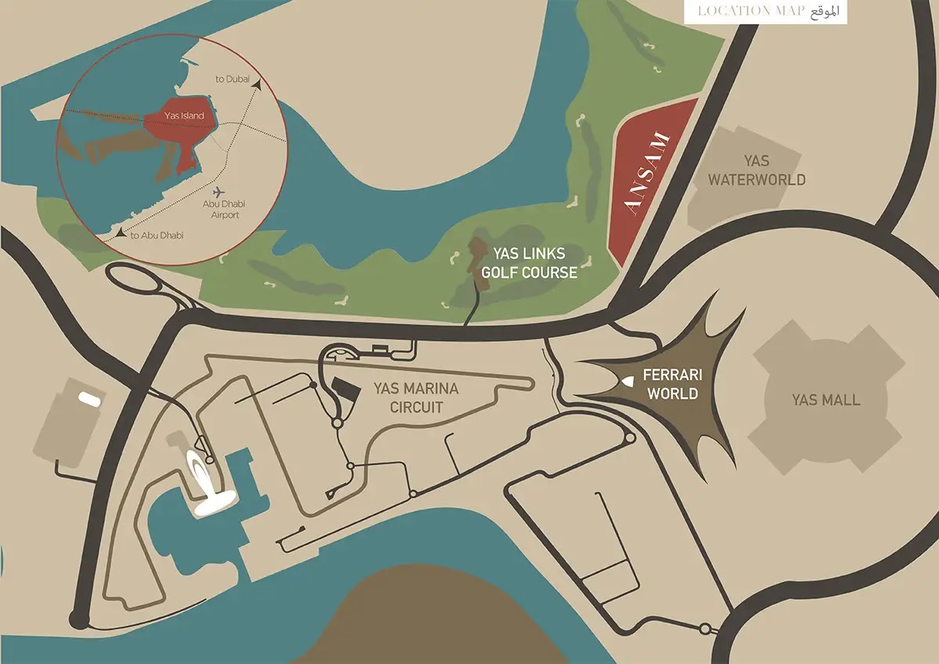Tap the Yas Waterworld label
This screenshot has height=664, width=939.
coord(756,170)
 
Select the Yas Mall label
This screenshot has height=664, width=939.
coord(826,400)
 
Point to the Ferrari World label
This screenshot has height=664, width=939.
coord(672,384)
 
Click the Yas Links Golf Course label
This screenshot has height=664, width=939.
coord(530,264)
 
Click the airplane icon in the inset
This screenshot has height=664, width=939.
coord(217,192)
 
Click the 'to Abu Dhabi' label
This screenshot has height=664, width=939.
coord(156,235)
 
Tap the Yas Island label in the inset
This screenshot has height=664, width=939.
coord(184,116)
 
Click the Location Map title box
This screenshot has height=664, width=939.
coord(765,12)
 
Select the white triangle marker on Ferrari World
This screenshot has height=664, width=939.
coord(628,381)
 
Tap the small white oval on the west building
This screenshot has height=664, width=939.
coord(88,399)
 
